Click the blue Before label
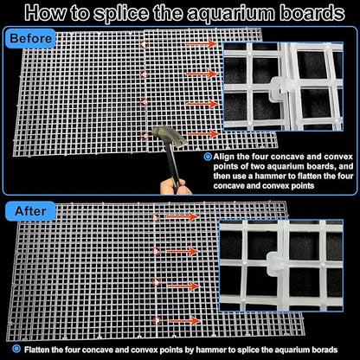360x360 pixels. click(30, 38)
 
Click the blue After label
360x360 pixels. click(30, 211)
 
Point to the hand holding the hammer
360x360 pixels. click(176, 187)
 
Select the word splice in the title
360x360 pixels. click(121, 13)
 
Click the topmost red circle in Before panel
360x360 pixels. click(144, 45)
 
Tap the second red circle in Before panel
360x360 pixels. click(144, 74)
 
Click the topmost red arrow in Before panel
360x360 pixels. click(201, 44)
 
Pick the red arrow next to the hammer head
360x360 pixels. click(203, 134)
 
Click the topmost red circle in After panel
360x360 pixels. click(156, 217)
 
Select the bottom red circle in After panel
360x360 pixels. click(157, 321)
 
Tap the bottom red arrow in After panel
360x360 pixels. click(184, 321)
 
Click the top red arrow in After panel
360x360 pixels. click(182, 216)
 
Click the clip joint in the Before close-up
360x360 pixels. click(278, 89)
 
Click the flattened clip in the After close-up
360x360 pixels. click(274, 263)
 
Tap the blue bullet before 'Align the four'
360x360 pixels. click(208, 157)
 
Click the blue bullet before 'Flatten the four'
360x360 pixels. click(16, 349)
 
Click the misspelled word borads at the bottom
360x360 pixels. click(324, 350)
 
